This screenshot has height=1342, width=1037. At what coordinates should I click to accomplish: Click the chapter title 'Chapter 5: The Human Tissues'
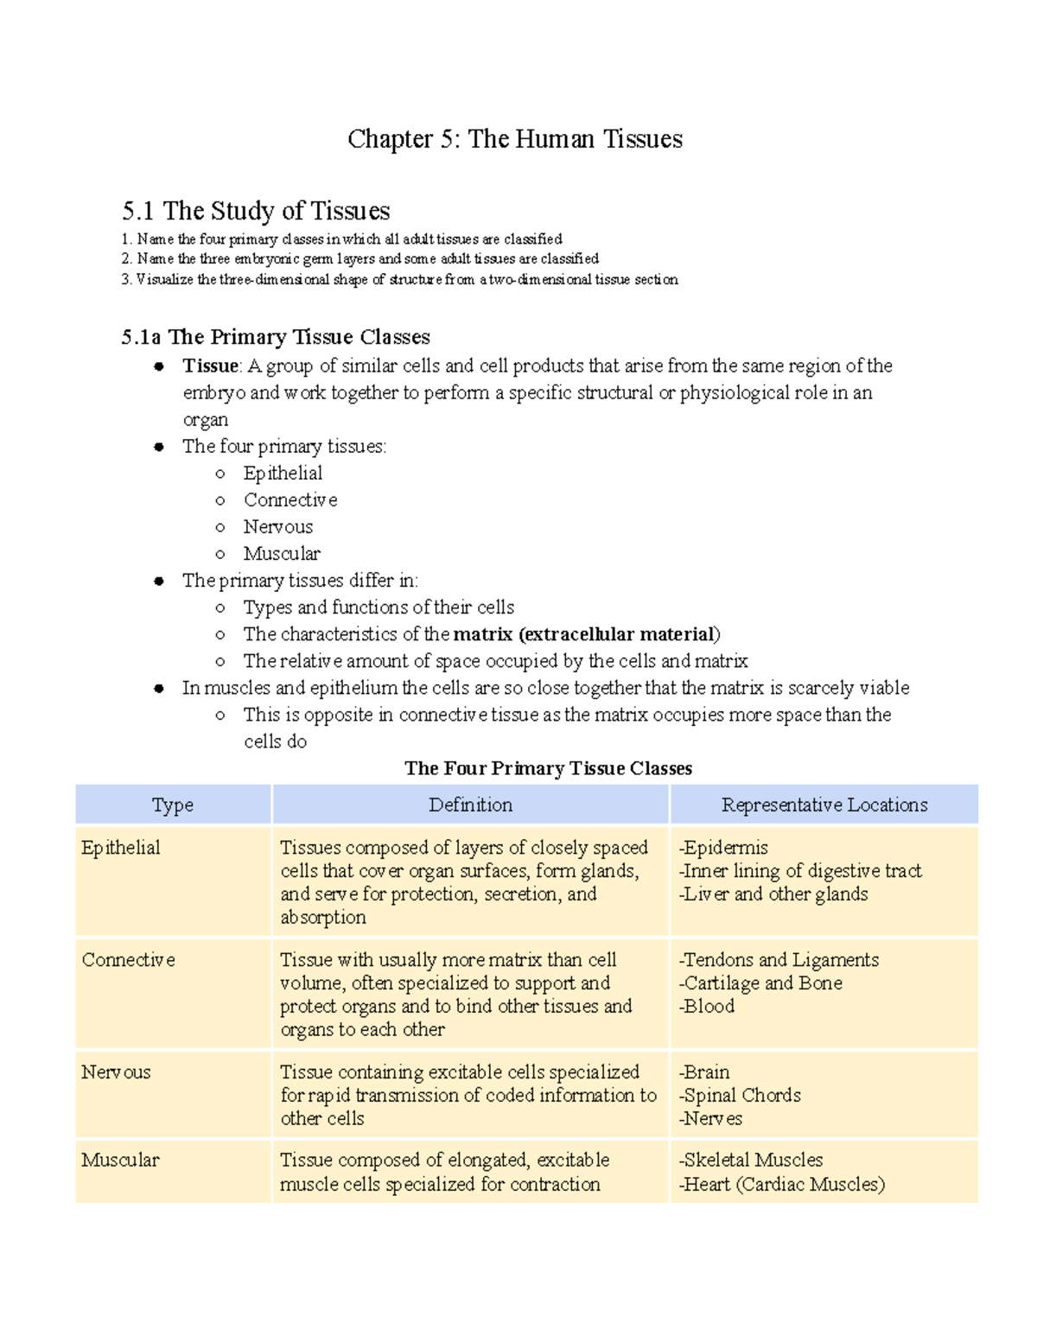[515, 139]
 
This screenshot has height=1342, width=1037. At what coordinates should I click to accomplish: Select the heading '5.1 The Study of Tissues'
[256, 211]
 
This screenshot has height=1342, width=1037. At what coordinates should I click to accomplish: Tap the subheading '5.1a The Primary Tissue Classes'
[276, 337]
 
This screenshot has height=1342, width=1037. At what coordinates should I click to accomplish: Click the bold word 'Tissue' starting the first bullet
[210, 366]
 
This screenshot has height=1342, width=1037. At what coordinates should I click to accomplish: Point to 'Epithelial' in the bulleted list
[283, 474]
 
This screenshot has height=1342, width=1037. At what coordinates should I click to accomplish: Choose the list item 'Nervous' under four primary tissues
[277, 527]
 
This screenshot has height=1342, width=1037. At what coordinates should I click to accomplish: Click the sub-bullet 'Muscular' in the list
[282, 554]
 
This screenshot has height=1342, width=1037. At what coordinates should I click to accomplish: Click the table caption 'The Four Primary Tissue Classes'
[548, 768]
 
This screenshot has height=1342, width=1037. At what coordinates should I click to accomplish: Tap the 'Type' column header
[173, 805]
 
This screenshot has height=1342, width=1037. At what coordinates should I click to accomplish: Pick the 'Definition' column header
[470, 805]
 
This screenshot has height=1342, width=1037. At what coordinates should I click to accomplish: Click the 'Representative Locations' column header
[824, 805]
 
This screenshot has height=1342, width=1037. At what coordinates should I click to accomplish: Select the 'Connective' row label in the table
[128, 960]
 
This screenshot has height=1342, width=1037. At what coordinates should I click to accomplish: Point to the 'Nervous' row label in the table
[116, 1072]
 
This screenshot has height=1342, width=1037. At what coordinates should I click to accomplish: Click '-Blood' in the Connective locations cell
[707, 1007]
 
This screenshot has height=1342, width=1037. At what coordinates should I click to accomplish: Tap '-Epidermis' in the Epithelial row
[723, 848]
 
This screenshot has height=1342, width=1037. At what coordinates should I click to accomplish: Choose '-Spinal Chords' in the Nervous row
[740, 1096]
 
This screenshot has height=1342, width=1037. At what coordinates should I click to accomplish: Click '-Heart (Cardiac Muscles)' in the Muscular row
[782, 1185]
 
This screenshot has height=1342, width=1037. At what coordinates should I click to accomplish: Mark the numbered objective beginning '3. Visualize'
[399, 280]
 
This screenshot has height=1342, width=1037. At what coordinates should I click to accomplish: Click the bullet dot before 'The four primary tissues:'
[159, 448]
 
